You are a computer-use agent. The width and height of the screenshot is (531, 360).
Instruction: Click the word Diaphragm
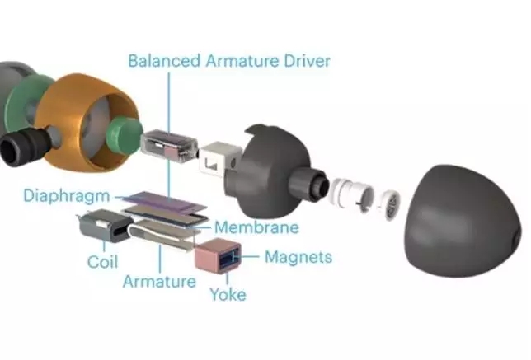67,197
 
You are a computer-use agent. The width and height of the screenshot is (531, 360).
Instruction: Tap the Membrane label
257,227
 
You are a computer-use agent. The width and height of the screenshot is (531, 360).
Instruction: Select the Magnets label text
298,257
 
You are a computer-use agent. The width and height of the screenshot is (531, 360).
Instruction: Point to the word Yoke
228,294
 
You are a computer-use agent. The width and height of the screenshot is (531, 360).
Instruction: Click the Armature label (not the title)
159,282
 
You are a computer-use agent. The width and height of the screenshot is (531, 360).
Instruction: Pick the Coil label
102,262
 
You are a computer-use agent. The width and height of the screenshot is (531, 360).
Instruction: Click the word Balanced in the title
164,61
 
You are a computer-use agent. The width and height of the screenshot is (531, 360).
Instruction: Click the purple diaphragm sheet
166,203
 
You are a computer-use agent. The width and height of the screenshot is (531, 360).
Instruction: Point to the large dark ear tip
465,221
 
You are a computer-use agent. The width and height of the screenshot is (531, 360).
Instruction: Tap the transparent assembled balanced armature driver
169,147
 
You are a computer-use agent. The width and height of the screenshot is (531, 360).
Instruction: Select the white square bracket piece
217,160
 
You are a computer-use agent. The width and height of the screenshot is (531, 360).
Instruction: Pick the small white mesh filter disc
391,205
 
